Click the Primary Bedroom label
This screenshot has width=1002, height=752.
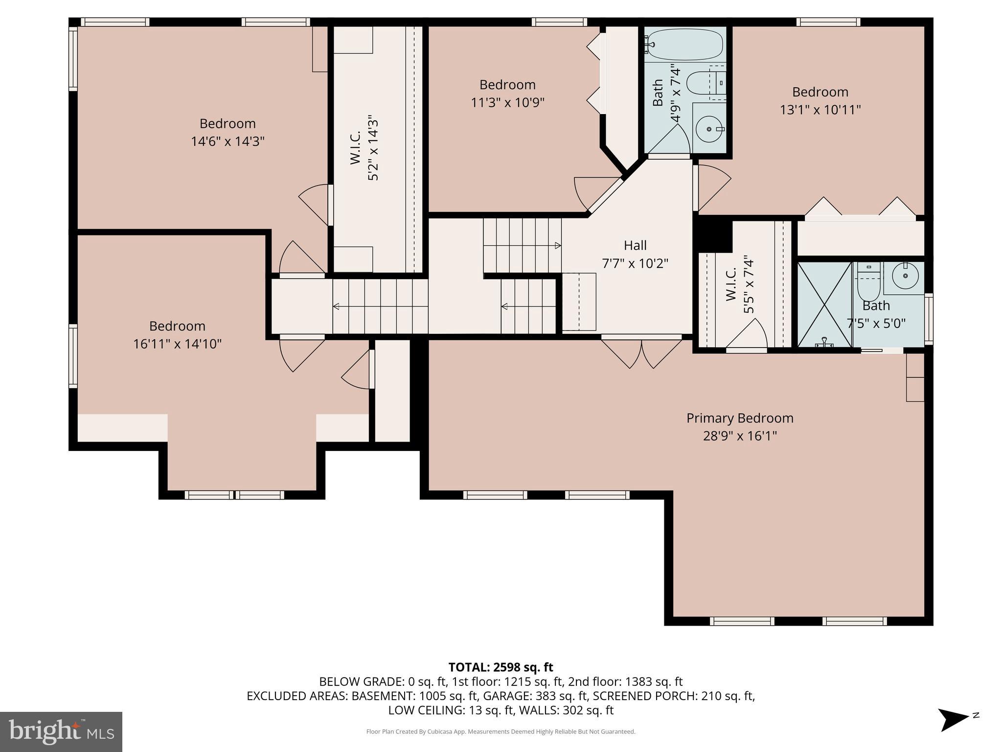tap(739, 418)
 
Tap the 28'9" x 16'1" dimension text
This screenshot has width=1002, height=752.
tap(739, 436)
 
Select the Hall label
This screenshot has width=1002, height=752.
tap(635, 245)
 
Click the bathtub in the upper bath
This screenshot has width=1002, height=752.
tap(683, 44)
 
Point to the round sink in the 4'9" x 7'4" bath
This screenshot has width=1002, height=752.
tap(709, 129)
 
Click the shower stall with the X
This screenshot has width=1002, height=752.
tap(824, 305)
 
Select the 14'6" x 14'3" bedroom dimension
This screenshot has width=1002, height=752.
tap(228, 141)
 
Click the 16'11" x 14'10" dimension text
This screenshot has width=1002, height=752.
tap(177, 344)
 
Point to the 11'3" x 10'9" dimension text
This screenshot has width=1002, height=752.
tap(507, 103)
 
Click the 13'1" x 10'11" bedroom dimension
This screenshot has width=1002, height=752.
tap(820, 110)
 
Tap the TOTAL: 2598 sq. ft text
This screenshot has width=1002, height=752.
tap(501, 667)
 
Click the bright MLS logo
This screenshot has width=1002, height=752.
tap(61, 731)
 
